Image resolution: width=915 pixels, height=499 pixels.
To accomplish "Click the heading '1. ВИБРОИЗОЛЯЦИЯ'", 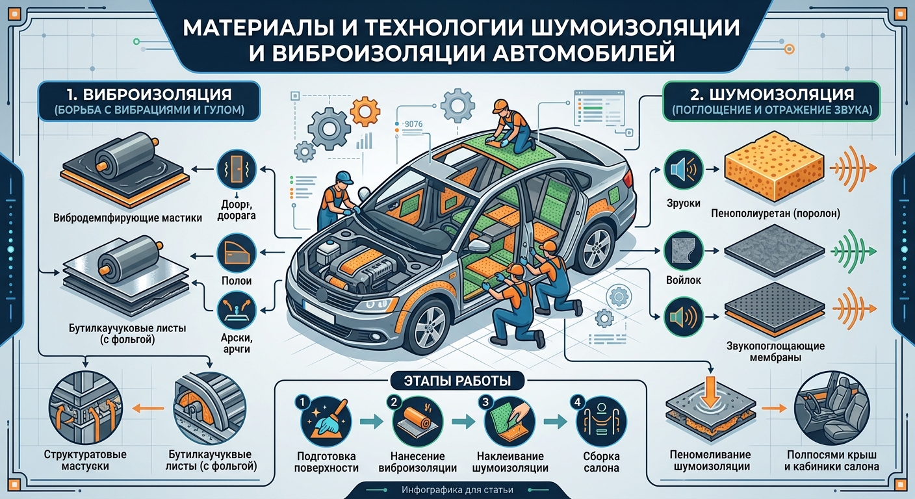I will [149, 94].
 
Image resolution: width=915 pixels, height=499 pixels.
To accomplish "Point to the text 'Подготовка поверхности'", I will [326, 462].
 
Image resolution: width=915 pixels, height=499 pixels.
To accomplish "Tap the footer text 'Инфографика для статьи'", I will [457, 489].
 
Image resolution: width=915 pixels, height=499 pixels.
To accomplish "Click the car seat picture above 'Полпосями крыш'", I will [832, 408].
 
